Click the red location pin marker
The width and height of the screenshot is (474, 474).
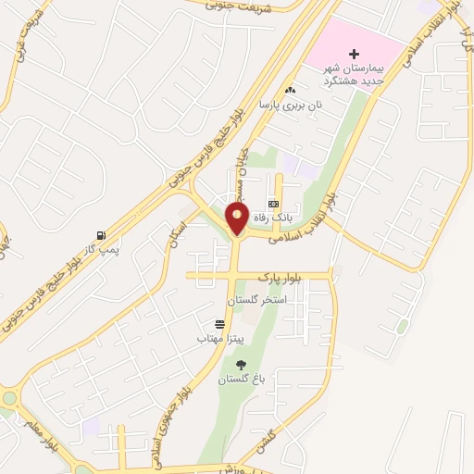(238, 218)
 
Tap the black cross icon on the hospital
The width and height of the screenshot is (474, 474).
(354, 55)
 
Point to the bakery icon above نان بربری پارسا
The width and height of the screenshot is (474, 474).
(291, 91)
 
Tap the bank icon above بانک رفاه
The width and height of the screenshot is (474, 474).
(273, 203)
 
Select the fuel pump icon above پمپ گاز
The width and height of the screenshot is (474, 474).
(100, 236)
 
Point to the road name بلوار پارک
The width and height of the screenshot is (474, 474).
(281, 277)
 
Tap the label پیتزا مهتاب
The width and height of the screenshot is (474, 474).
(218, 339)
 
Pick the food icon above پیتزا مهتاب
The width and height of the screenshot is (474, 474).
(218, 325)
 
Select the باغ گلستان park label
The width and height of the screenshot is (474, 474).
(241, 380)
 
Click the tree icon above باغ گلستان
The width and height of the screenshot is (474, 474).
(241, 366)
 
